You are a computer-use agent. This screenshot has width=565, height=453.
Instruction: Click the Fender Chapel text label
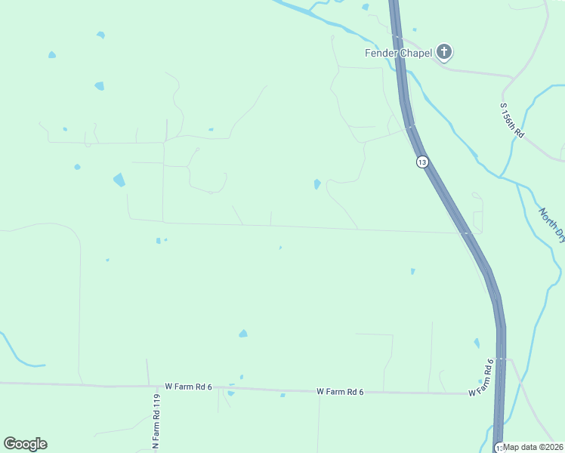point(397,53)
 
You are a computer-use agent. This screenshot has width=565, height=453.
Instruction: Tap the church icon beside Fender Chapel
point(445,52)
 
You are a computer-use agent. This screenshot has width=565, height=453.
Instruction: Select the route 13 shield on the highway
point(421,162)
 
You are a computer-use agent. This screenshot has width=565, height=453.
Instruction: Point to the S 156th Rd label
point(512,120)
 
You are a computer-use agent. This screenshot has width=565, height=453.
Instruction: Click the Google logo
point(25,444)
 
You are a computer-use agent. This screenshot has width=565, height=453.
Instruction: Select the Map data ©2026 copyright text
point(533,447)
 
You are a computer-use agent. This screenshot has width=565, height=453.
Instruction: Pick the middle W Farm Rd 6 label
point(340,391)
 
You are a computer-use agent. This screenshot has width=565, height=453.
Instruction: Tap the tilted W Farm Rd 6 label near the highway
point(480,377)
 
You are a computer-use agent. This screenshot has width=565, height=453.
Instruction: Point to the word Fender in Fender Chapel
point(380,53)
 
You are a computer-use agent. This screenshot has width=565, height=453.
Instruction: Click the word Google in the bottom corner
point(25,444)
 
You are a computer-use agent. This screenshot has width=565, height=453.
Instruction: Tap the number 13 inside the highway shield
point(421,162)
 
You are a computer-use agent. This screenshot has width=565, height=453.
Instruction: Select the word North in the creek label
point(548,218)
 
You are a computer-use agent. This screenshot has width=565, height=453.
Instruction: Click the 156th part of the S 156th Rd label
point(512,119)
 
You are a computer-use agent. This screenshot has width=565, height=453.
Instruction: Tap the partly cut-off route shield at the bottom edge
point(499,448)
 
